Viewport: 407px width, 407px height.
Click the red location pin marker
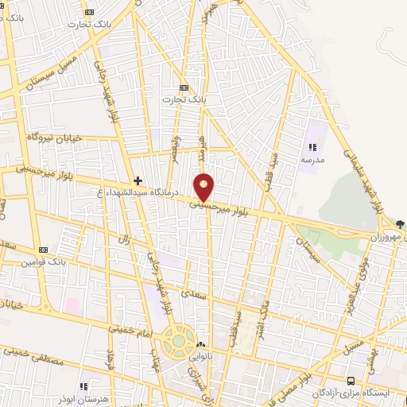point(205,187)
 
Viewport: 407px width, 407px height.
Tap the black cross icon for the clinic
point(138,180)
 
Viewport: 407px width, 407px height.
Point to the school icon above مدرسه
point(312,147)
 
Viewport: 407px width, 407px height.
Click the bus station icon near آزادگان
point(352,381)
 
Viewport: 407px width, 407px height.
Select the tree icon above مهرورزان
point(399,225)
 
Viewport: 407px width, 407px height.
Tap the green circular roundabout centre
point(179,343)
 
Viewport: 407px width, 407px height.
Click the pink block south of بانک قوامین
point(72,305)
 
